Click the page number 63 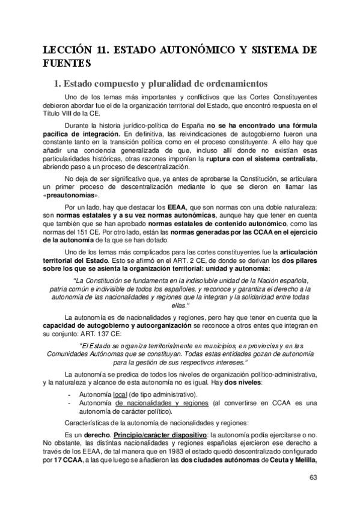click(x=312, y=478)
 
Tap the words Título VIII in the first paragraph click(x=57, y=113)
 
